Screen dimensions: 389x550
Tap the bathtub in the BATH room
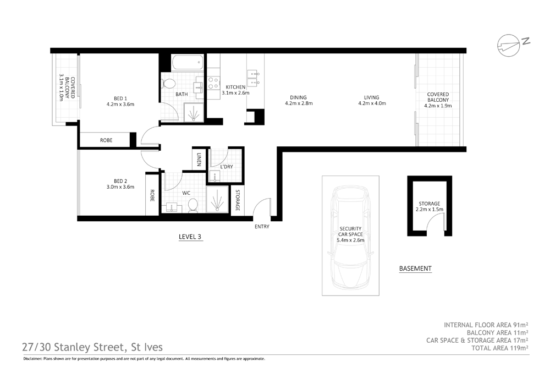(186, 63)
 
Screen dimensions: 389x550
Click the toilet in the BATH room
(169, 84)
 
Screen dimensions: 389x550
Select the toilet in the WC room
(193, 205)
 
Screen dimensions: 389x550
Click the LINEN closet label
(198, 160)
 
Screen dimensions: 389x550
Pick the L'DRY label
(226, 166)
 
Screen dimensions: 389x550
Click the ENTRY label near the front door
(262, 226)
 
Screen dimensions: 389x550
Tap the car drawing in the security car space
(350, 237)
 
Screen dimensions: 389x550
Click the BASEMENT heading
(415, 269)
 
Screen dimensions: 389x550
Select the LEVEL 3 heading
(190, 237)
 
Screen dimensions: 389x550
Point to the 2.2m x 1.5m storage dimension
(429, 210)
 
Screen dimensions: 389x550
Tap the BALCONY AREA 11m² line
(497, 332)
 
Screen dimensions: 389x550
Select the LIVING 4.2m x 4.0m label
(372, 100)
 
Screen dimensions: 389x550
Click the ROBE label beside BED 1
(106, 141)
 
